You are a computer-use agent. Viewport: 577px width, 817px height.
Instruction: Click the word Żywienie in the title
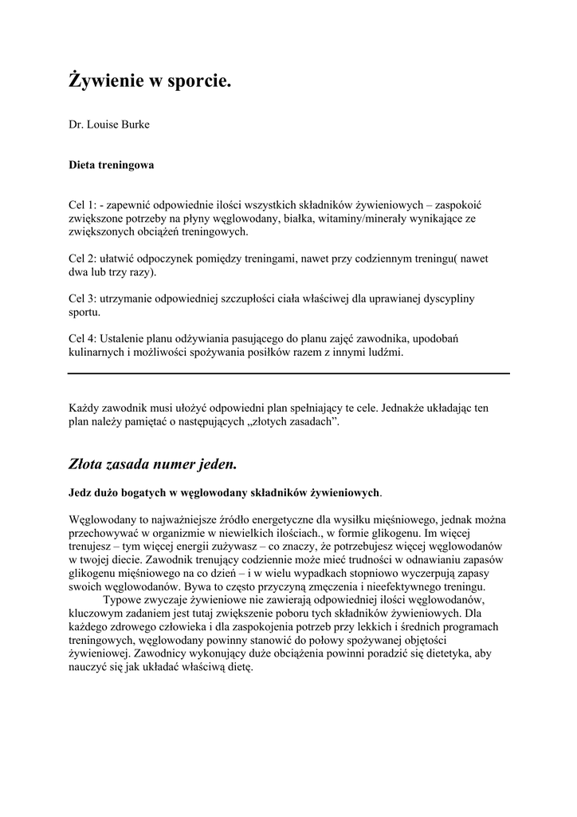[106, 81]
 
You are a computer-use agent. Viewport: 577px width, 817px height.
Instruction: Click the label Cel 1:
[82, 205]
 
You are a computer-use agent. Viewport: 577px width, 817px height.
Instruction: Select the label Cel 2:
[82, 259]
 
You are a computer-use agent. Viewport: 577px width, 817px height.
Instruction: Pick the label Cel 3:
[82, 298]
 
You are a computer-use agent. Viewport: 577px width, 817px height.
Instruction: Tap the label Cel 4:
[82, 338]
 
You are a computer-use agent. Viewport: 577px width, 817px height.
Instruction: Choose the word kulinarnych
[96, 352]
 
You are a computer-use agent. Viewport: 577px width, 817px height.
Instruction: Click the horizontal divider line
[288, 373]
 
